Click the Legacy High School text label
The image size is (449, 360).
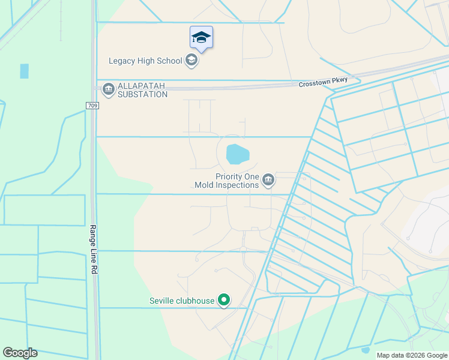point(145,61)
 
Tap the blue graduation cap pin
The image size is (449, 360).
point(201,38)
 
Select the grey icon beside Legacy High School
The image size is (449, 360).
point(191,60)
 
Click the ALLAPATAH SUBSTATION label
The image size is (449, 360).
point(142,90)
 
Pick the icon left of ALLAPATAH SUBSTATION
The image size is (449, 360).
point(108,90)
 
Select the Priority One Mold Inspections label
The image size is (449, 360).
point(227,181)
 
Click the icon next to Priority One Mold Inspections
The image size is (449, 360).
point(268,180)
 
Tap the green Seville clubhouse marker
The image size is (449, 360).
point(224,300)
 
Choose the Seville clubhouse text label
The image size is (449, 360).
point(182,301)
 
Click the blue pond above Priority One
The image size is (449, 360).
point(237,154)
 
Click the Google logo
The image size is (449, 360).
point(20,353)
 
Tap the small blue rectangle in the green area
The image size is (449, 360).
point(24,71)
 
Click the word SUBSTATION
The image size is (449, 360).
point(142,94)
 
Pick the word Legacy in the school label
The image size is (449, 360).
point(123,61)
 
